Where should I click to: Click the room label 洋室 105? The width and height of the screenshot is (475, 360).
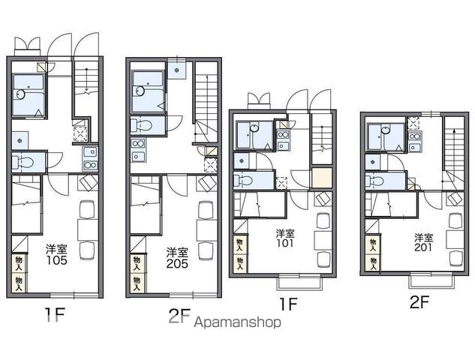[56, 255]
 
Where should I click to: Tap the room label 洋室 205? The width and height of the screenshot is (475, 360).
[177, 258]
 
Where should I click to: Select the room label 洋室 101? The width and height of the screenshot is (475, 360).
[285, 238]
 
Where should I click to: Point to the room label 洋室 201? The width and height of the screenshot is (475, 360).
[424, 243]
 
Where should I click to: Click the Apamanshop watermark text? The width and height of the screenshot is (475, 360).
[237, 322]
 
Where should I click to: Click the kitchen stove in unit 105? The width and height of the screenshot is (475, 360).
[90, 159]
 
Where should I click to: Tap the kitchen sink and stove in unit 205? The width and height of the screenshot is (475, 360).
[138, 151]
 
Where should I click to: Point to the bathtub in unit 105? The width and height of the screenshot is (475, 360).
[29, 94]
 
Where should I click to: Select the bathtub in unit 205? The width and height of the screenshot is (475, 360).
[148, 91]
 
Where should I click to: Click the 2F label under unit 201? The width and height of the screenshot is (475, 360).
[419, 301]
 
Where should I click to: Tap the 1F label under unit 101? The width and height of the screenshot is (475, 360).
[288, 304]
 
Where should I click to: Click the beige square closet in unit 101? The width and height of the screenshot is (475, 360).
[322, 178]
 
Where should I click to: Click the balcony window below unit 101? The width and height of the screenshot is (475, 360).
[299, 281]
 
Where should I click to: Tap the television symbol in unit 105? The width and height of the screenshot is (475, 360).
[88, 182]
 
